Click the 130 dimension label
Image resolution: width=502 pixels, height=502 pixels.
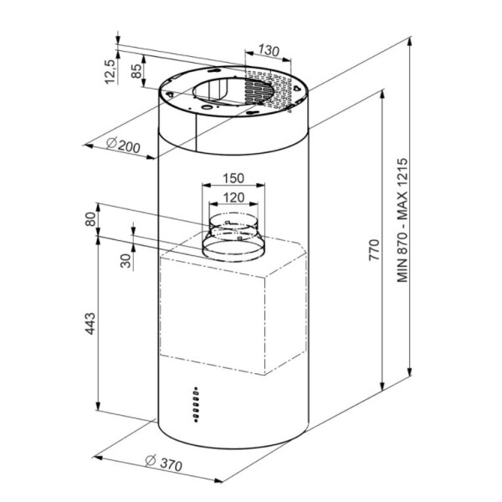pyautogui.click(x=269, y=50)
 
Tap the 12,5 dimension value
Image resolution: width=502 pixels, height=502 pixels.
pyautogui.click(x=110, y=72)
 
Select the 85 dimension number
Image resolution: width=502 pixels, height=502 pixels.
pyautogui.click(x=136, y=71)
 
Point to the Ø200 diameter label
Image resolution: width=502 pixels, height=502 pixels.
pyautogui.click(x=123, y=146)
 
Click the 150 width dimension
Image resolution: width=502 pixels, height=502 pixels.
pyautogui.click(x=233, y=178)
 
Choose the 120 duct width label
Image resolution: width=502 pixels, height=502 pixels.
pyautogui.click(x=233, y=197)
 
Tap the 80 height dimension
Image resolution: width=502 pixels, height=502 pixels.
pyautogui.click(x=91, y=219)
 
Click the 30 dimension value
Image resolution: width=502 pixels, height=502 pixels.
pyautogui.click(x=125, y=260)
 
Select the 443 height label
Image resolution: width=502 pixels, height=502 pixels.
pyautogui.click(x=91, y=324)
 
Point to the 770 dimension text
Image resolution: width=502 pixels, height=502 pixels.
pyautogui.click(x=374, y=249)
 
